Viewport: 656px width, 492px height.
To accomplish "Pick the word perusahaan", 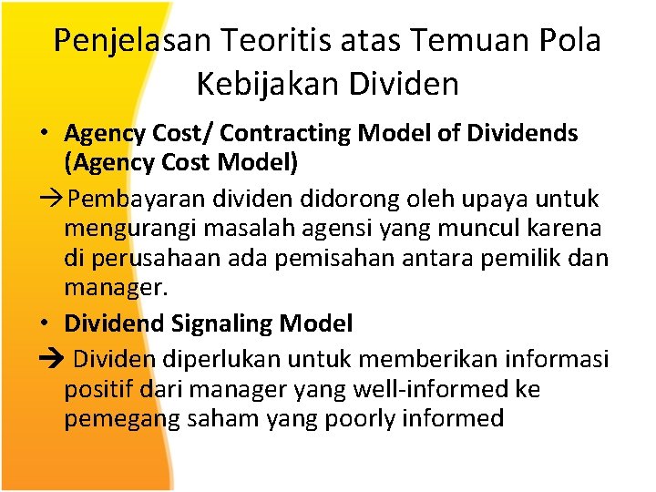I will pos(159,259).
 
